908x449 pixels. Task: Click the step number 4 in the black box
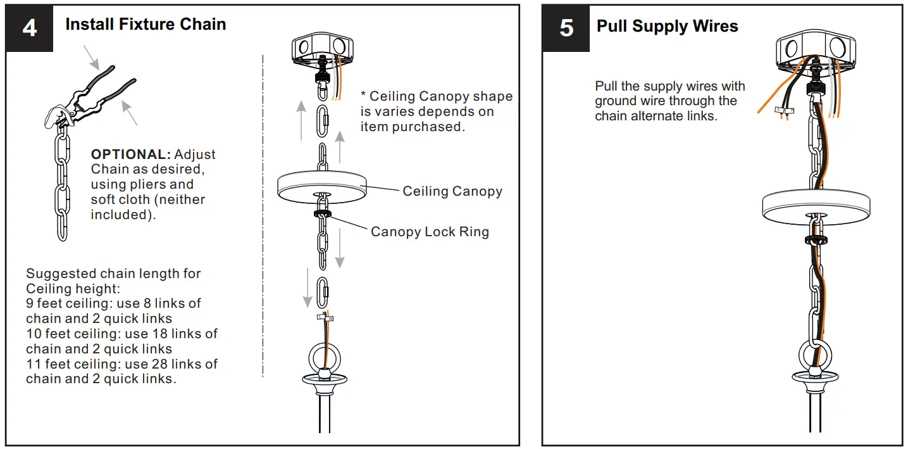click(29, 28)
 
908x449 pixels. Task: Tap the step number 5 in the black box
click(566, 28)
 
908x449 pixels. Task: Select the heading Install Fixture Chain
click(146, 25)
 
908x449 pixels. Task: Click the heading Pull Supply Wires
click(667, 27)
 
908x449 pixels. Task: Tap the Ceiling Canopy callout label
click(452, 191)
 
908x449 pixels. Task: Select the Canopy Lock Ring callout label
click(430, 232)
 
